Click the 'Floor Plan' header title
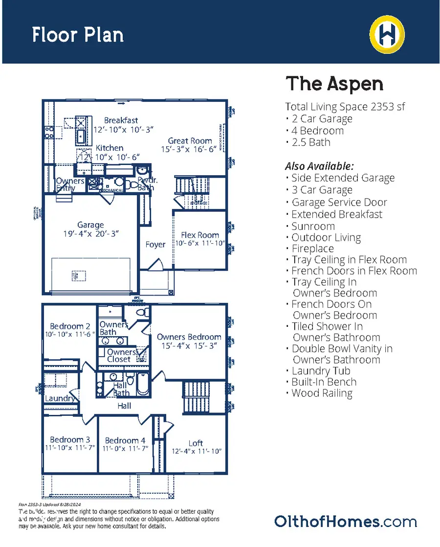[x=78, y=35]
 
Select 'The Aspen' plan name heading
[x=334, y=84]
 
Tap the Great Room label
[x=190, y=141]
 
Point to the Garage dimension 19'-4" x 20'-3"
[x=90, y=234]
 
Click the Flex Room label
[x=200, y=235]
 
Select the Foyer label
[x=155, y=244]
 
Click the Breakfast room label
[x=121, y=120]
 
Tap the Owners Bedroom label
[x=189, y=337]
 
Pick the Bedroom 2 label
[x=70, y=326]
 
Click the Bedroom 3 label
[x=70, y=439]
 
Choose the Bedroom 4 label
[x=125, y=440]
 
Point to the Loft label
[x=196, y=443]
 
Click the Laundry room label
[x=60, y=398]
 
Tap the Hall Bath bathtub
[x=142, y=385]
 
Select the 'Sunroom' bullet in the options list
[x=313, y=226]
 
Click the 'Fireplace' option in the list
[x=312, y=249]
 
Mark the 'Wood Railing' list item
[x=322, y=393]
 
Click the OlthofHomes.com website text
[x=345, y=521]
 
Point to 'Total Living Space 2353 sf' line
[x=345, y=107]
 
